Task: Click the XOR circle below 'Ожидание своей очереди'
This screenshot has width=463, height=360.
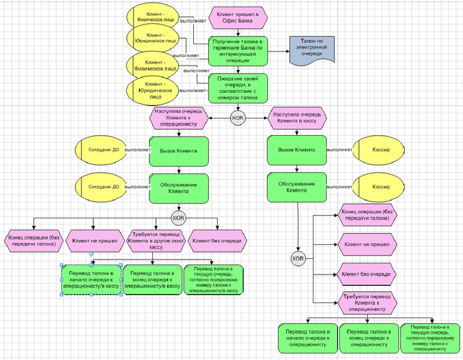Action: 237,118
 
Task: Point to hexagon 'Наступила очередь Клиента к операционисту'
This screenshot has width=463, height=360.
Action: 179,118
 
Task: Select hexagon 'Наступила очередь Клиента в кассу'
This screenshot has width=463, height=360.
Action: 297,118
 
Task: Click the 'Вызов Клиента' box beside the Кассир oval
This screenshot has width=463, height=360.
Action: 297,151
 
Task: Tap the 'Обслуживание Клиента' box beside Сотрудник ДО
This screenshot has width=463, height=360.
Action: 179,187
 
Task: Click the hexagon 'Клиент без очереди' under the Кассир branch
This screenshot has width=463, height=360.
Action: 368,273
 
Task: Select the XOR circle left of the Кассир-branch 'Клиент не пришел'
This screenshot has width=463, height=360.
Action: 298,258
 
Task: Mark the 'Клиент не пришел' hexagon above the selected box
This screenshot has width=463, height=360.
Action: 95,241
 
